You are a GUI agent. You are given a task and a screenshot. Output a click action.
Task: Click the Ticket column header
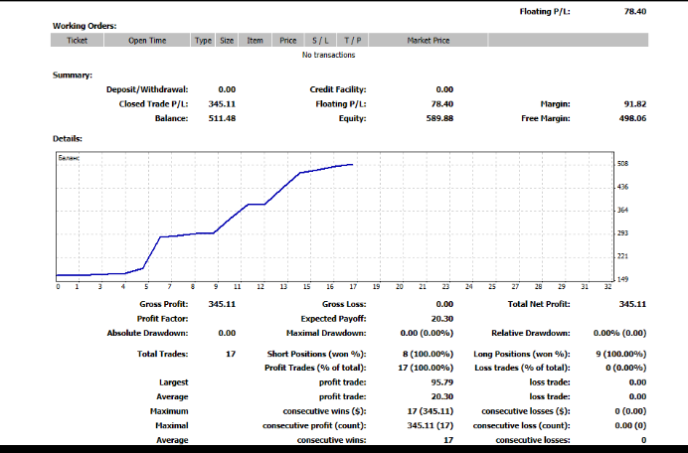click(x=77, y=41)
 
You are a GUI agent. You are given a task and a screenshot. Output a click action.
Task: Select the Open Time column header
click(x=147, y=41)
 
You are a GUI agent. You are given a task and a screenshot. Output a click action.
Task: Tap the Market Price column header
click(x=429, y=41)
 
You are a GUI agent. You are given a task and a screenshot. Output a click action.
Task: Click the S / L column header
click(x=320, y=41)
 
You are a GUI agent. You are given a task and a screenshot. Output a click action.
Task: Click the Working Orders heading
click(x=85, y=25)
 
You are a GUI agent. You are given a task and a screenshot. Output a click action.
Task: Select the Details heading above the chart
click(x=68, y=138)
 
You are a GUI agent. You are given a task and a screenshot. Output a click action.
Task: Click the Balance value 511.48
click(x=222, y=118)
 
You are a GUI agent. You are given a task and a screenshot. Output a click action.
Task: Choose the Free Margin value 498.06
click(x=632, y=118)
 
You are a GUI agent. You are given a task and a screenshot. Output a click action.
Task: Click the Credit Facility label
click(x=338, y=89)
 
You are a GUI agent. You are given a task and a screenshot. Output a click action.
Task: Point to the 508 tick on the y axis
click(x=623, y=163)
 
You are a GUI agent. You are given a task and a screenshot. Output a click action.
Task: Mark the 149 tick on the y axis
click(x=623, y=279)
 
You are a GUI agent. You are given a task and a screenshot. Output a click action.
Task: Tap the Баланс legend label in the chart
click(x=70, y=159)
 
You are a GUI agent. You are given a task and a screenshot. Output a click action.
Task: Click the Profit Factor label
click(x=163, y=318)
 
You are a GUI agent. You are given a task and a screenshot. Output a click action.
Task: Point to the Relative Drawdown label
click(x=531, y=333)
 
